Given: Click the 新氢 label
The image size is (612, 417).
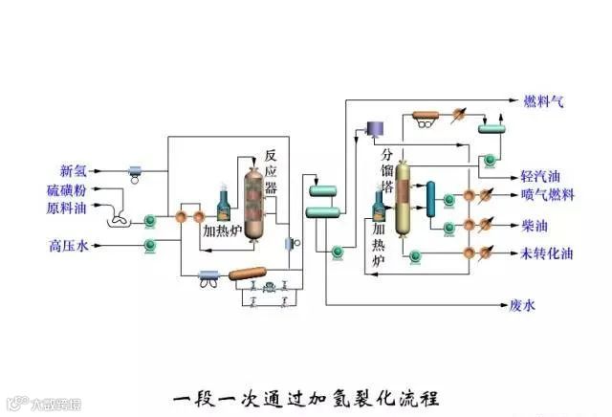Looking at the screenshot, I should tap(73, 171).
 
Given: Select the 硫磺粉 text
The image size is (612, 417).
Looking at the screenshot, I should tap(66, 189).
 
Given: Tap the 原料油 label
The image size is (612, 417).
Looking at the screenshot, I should tap(66, 208).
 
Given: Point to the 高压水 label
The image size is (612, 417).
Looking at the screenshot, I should tap(68, 246).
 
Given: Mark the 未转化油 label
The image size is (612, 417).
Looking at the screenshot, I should tap(547, 253).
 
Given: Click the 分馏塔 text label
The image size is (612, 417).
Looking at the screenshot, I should tap(387, 171).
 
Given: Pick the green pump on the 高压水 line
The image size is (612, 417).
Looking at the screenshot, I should tap(150, 246).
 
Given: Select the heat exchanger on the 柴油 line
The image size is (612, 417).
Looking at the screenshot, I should tap(470, 225).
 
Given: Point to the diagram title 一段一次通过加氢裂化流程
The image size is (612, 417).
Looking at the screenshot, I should tap(307, 395).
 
